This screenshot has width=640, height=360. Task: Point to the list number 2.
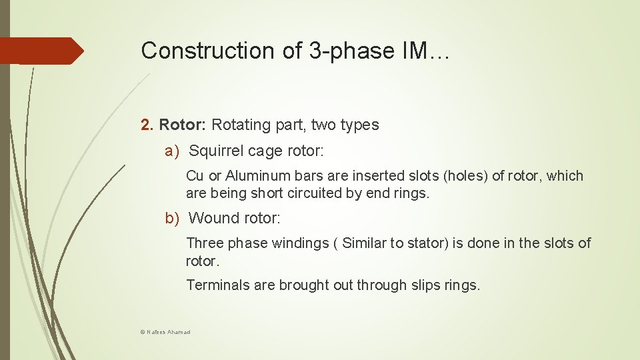(147, 125)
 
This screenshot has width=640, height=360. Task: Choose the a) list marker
(173, 151)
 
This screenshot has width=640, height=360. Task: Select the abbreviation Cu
(195, 176)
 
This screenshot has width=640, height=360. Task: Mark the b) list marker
(173, 218)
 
